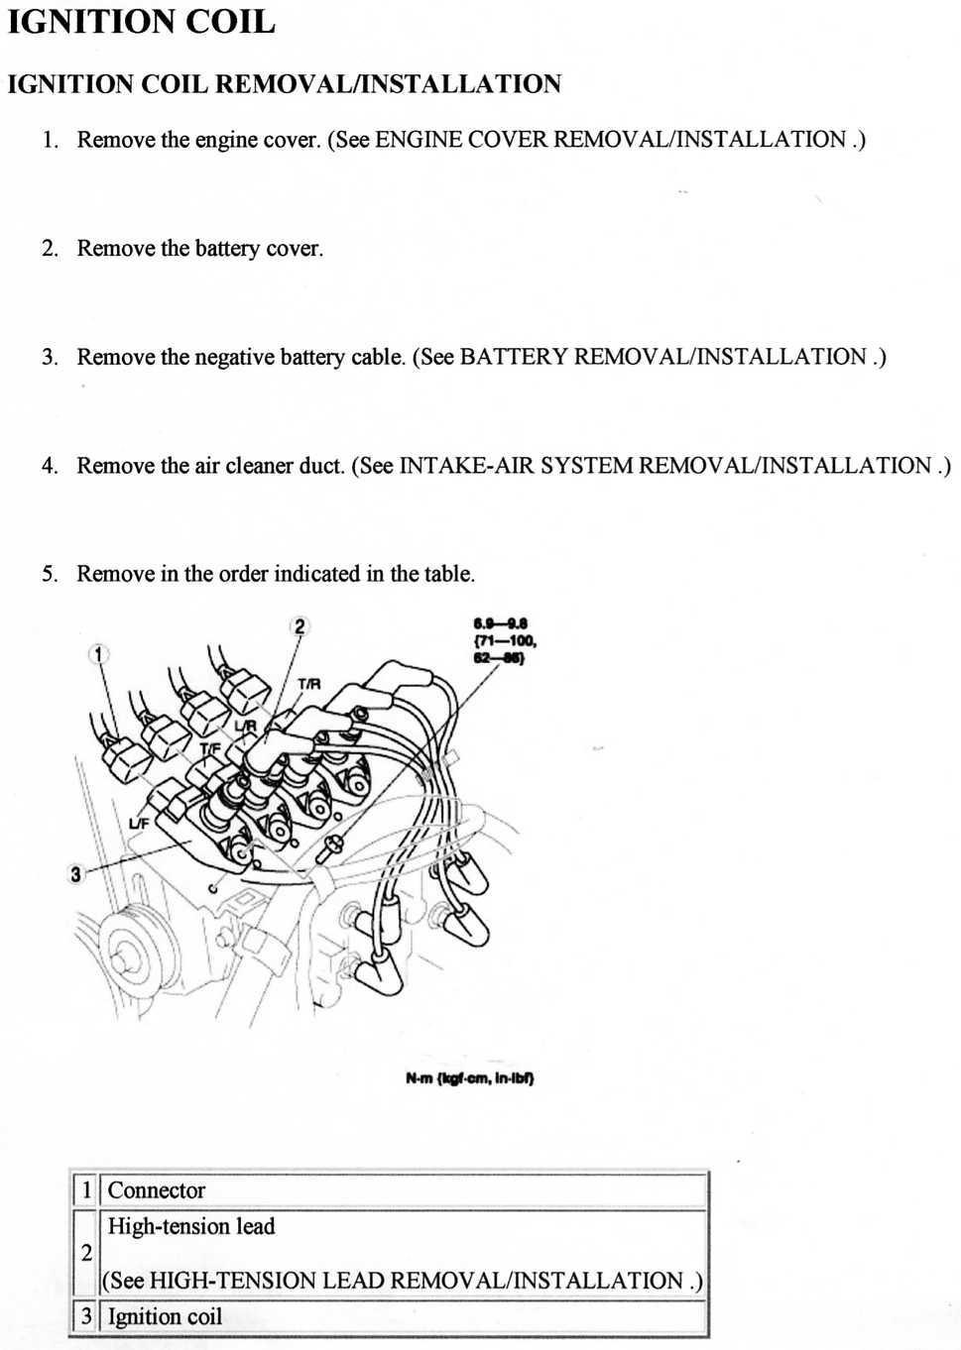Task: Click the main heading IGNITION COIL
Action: (141, 22)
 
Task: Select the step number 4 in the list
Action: (49, 465)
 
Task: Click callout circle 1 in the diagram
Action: (98, 654)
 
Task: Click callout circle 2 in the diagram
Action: (300, 625)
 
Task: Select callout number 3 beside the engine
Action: (75, 873)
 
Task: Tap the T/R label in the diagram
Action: (308, 684)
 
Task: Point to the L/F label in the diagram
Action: (139, 823)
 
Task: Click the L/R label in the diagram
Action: (245, 727)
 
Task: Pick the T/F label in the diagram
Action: (210, 748)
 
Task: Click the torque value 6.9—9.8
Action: (501, 623)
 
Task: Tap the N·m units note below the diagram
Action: (469, 1077)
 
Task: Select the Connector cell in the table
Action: (156, 1190)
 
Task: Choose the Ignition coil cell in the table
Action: (165, 1316)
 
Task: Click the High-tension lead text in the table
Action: (191, 1226)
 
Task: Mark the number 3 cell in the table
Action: (86, 1316)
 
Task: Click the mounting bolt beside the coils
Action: (330, 846)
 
